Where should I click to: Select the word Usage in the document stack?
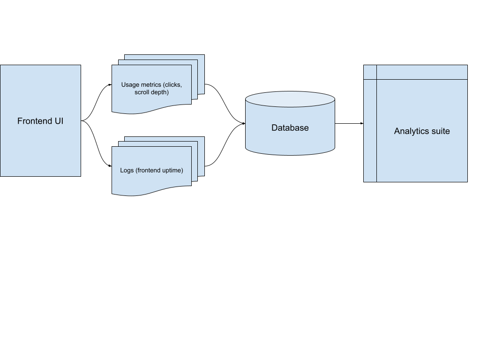pyautogui.click(x=130, y=85)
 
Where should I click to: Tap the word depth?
pyautogui.click(x=160, y=92)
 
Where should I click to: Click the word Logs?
pyautogui.click(x=127, y=170)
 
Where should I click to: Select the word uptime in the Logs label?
pyautogui.click(x=172, y=170)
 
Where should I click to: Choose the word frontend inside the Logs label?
pyautogui.click(x=148, y=170)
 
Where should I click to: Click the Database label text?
pyautogui.click(x=290, y=127)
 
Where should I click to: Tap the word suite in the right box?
pyautogui.click(x=441, y=131)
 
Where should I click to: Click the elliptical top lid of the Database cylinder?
pyautogui.click(x=290, y=99)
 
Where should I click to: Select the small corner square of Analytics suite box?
pyautogui.click(x=370, y=72)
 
